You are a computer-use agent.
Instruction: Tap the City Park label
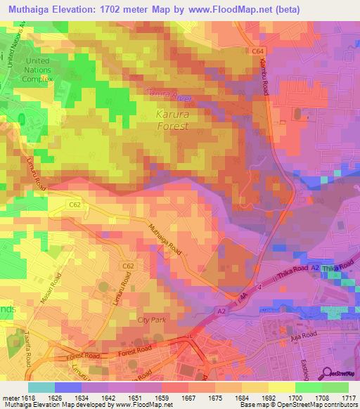[153, 320]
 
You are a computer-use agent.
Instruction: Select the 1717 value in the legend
[349, 397]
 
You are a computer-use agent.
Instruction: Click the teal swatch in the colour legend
[41, 387]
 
